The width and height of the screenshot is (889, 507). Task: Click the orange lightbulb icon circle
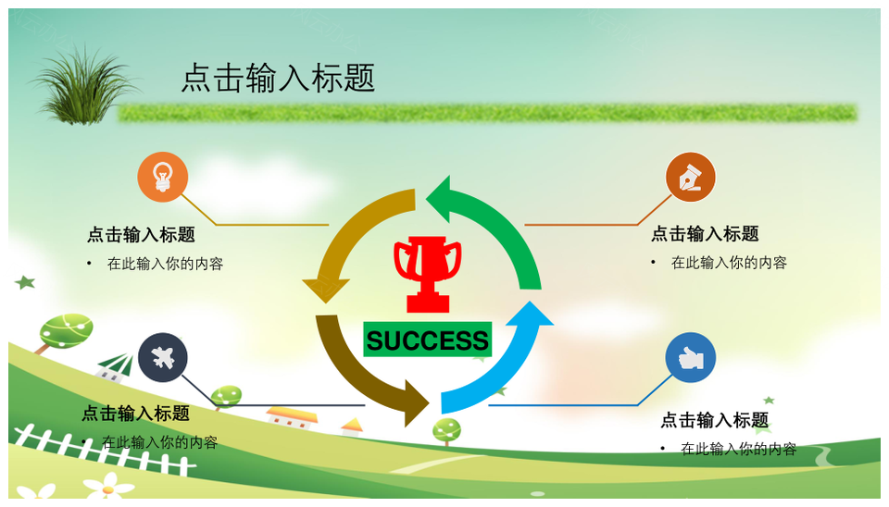tap(163, 177)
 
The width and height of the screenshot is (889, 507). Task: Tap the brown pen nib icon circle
tap(691, 177)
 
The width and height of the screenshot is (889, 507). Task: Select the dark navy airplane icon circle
tap(163, 357)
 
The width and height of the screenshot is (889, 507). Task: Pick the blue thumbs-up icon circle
tap(691, 357)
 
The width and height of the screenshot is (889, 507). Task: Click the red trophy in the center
tap(428, 274)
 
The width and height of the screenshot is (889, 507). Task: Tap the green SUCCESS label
tap(428, 340)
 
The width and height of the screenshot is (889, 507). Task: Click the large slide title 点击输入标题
tap(278, 78)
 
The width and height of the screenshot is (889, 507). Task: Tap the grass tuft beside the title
tap(84, 86)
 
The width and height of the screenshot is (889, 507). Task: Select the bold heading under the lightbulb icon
tap(141, 234)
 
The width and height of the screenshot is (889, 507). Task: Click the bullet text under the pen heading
tap(729, 263)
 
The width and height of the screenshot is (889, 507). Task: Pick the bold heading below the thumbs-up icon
tap(715, 420)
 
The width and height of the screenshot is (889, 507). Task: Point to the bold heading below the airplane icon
tap(136, 414)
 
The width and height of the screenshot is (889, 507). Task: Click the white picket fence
tap(102, 451)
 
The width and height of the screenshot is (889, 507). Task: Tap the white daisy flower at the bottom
tap(108, 487)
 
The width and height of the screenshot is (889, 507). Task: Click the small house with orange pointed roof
tap(352, 427)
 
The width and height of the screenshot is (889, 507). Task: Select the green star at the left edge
tap(25, 281)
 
